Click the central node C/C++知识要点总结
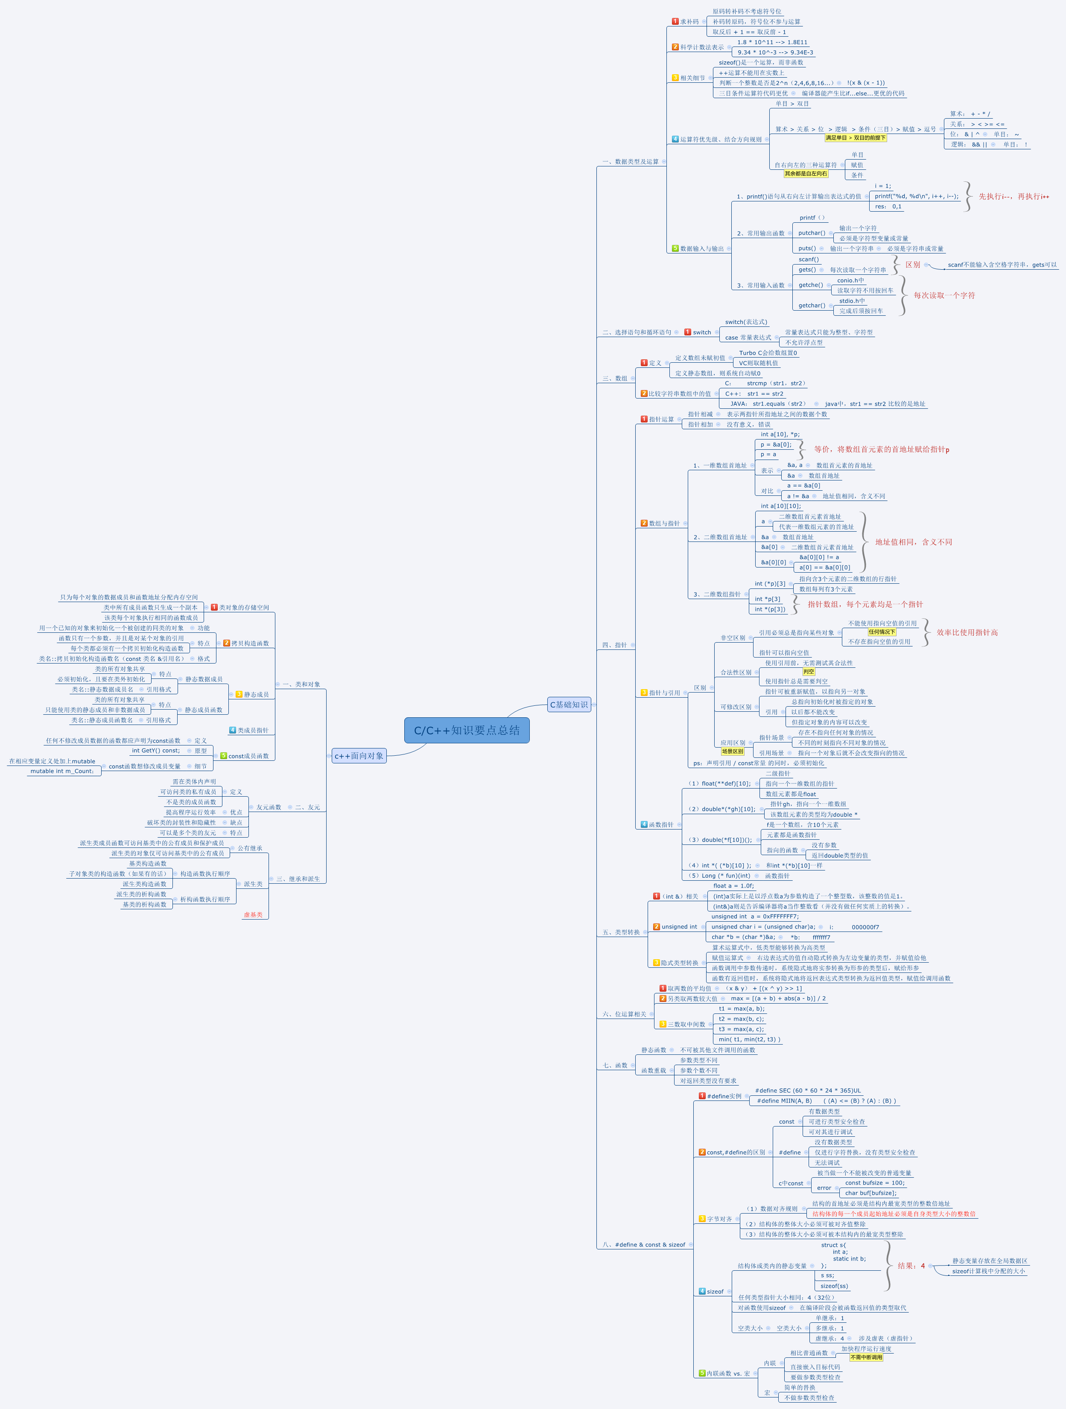click(x=467, y=730)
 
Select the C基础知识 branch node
click(x=568, y=704)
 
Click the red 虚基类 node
click(x=253, y=915)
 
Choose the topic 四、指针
click(x=614, y=645)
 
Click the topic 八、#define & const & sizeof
click(x=643, y=1245)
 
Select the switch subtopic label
click(x=701, y=332)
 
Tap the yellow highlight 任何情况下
click(x=882, y=632)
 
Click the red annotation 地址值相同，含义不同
click(x=913, y=542)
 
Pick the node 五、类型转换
click(x=621, y=932)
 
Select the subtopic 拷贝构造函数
click(x=250, y=643)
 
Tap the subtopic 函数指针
click(x=661, y=825)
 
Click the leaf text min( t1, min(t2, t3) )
click(x=749, y=1039)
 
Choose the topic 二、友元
click(x=308, y=808)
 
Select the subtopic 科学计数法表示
click(x=701, y=47)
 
